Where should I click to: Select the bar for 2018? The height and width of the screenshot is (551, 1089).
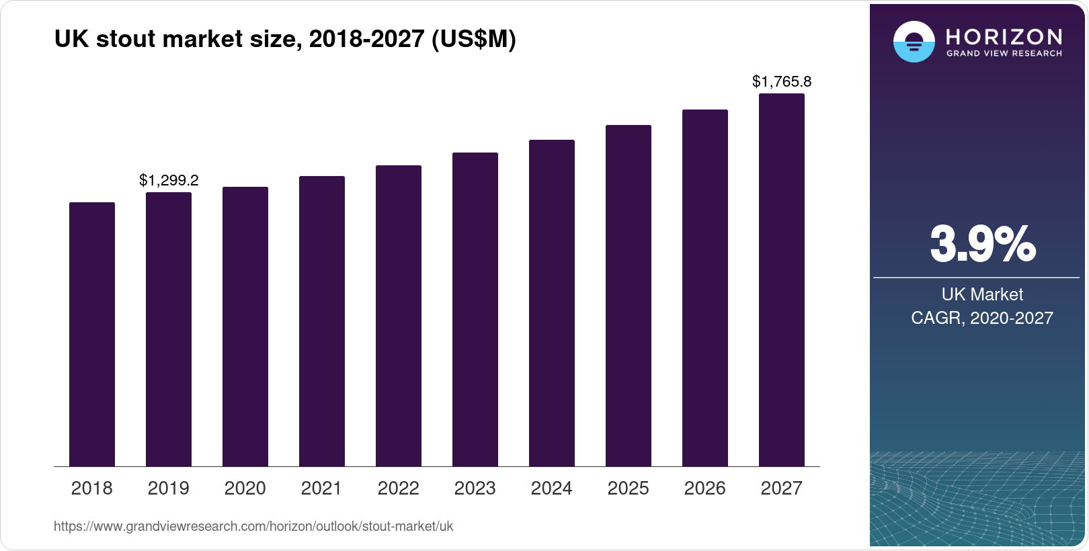coord(92,334)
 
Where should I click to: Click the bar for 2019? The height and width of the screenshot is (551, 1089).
coord(169,329)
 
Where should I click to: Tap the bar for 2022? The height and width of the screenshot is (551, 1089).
coord(399,316)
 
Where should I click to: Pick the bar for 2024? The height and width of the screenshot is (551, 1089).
coord(552,303)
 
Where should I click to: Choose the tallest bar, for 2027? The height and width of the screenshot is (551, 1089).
coord(782,280)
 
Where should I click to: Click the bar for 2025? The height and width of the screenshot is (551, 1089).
coord(629,296)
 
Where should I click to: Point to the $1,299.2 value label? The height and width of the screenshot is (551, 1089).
coord(169,180)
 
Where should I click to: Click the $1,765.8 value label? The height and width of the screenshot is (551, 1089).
coord(782,82)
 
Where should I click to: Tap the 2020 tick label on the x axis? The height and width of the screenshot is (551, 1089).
coord(245,488)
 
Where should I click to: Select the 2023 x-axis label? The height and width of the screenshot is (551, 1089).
coord(475,488)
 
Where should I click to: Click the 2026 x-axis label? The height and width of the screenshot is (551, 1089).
coord(705,488)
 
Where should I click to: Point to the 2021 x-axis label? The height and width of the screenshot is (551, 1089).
coord(322,488)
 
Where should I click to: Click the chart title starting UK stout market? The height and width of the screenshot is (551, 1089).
coord(285,39)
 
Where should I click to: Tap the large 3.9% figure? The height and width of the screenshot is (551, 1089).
coord(982,244)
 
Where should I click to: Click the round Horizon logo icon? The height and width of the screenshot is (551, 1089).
coord(914,42)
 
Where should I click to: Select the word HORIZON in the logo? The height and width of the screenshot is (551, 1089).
coord(1004,36)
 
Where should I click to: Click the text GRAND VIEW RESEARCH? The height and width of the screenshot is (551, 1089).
coord(1004,54)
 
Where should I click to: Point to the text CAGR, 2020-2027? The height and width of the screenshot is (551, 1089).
coord(982,318)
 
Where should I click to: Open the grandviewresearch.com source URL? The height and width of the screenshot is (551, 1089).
coord(253,526)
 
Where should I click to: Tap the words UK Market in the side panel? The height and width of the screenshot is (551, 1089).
coord(982,294)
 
